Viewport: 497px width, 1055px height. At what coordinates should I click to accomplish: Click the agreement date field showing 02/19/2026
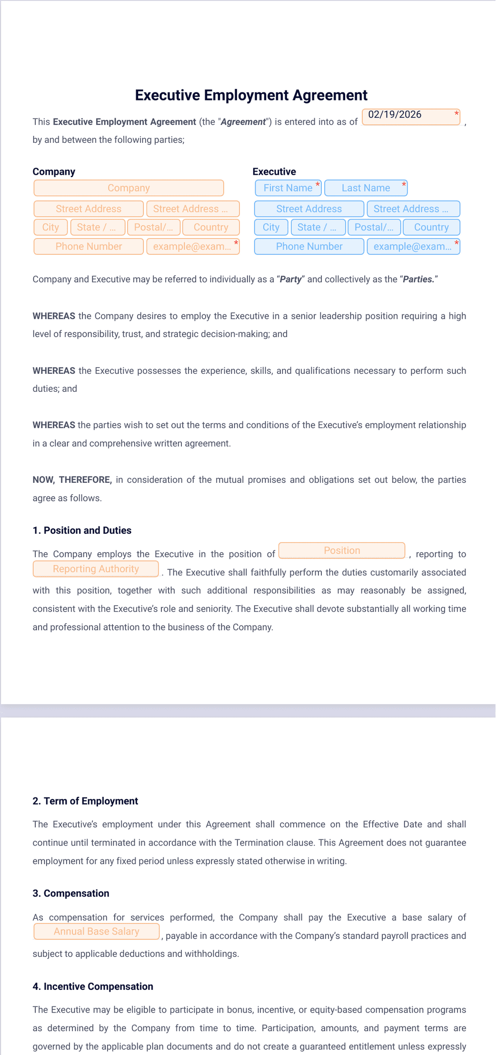point(410,117)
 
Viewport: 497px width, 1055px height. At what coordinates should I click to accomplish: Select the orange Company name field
point(129,188)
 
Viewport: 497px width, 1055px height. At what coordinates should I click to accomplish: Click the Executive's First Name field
point(288,188)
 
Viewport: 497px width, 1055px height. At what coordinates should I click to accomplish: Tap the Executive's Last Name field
point(366,188)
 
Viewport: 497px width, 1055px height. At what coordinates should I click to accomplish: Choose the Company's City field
point(50,228)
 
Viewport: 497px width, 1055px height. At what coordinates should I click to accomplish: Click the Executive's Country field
point(431,228)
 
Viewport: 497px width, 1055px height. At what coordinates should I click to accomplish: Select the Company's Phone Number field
point(89,247)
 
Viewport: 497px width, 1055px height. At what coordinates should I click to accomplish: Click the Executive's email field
point(413,247)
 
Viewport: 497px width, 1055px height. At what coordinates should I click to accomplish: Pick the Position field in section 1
point(342,551)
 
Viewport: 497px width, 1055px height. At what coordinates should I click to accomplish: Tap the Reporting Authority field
point(96,569)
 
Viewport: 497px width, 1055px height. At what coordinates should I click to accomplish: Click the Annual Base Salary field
point(96,932)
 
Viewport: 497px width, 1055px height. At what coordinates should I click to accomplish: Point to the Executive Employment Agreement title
point(251,95)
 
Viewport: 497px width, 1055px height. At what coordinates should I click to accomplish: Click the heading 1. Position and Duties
point(82,530)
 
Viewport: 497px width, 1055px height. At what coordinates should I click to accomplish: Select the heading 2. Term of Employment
point(85,801)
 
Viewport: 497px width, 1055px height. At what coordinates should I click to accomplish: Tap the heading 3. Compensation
point(71,894)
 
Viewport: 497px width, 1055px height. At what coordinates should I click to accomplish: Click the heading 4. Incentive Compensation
point(93,987)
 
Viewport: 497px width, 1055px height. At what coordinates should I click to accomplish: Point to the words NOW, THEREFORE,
point(72,480)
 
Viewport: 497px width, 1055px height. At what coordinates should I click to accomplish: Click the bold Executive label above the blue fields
point(274,172)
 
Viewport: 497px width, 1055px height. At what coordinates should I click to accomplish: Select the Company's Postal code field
point(154,228)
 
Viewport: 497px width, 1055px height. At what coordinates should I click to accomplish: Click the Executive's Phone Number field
point(309,247)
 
